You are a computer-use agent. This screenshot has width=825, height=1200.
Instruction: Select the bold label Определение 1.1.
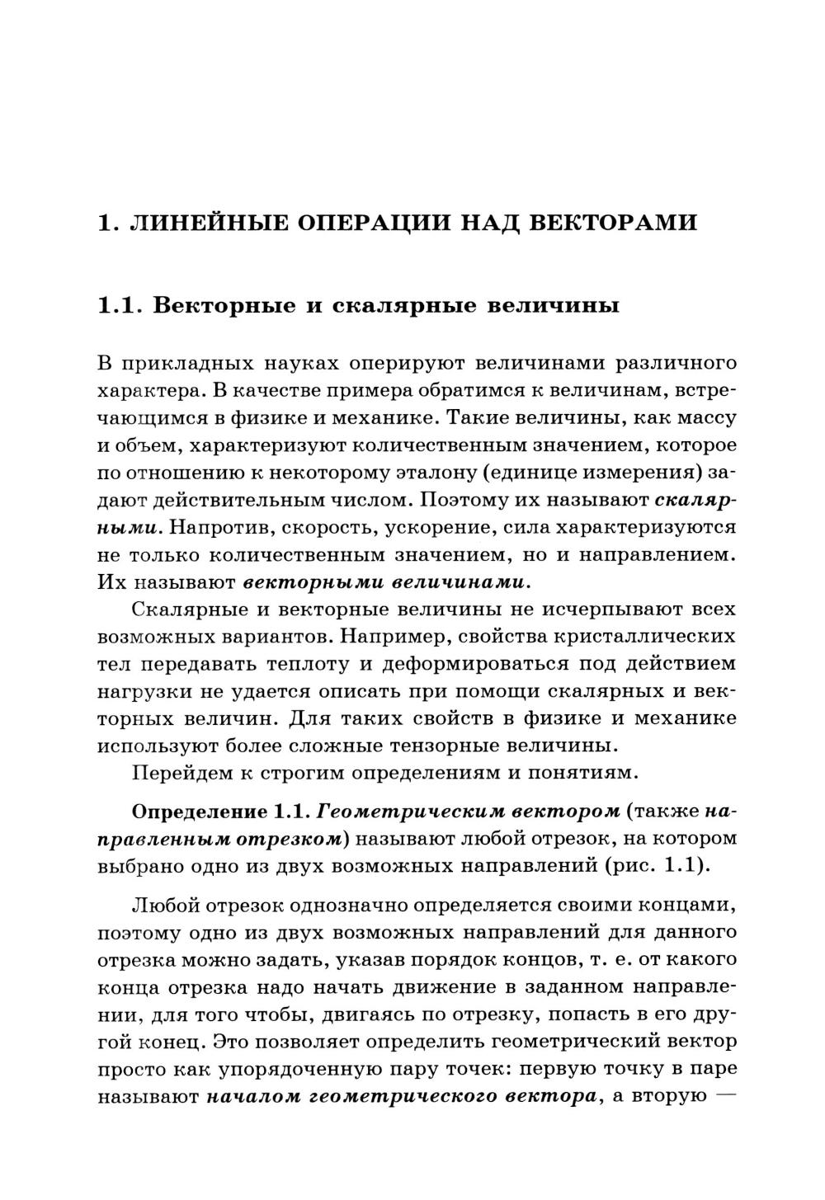[x=220, y=812]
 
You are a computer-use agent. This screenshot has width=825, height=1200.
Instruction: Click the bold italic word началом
[x=252, y=1097]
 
